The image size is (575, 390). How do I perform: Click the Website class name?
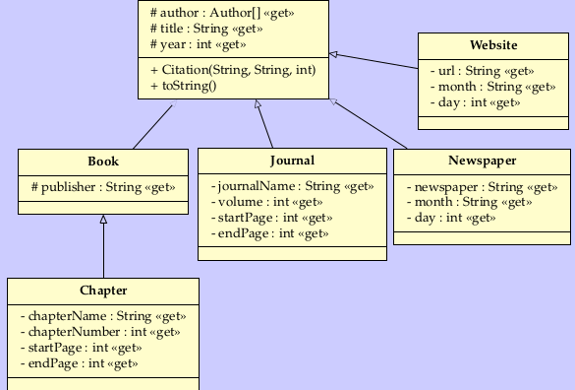pos(493,45)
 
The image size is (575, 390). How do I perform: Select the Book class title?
pos(103,161)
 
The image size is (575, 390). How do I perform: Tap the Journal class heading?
pos(292,161)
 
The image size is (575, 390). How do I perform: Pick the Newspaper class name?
pos(482,161)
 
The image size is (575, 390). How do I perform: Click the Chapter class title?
pos(103,291)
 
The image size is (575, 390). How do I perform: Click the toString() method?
pos(184,86)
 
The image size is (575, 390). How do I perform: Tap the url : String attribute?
pos(483,72)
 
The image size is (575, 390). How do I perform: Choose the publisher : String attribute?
pos(103,186)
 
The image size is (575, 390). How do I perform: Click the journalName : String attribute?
pos(292,186)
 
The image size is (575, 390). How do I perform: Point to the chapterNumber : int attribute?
pos(99,332)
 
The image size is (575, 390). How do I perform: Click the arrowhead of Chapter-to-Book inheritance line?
pos(103,221)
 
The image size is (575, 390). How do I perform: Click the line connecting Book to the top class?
pos(152,127)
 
